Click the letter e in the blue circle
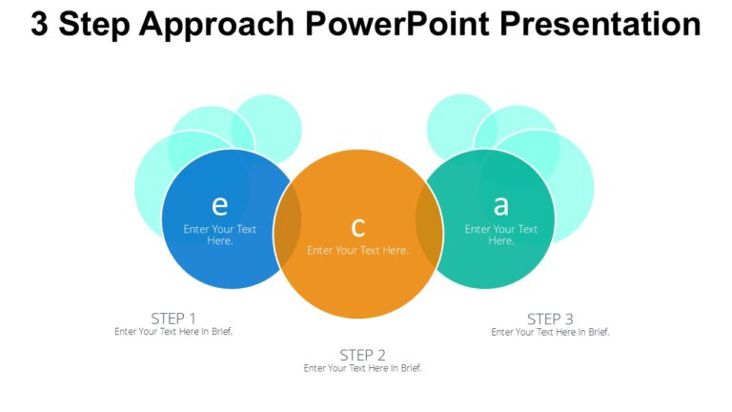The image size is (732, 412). click(219, 205)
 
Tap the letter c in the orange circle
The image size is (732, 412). click(358, 227)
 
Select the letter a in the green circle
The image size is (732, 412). click(500, 205)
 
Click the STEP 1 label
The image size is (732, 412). click(173, 318)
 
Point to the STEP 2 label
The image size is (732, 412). click(362, 355)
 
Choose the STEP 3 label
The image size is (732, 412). click(550, 319)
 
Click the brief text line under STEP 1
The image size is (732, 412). click(173, 332)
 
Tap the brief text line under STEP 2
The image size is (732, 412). click(362, 368)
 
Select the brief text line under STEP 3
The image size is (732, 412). click(550, 332)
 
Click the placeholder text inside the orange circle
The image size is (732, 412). click(357, 250)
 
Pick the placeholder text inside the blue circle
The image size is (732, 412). click(220, 235)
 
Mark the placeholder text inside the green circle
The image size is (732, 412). click(501, 235)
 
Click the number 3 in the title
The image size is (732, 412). click(40, 25)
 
